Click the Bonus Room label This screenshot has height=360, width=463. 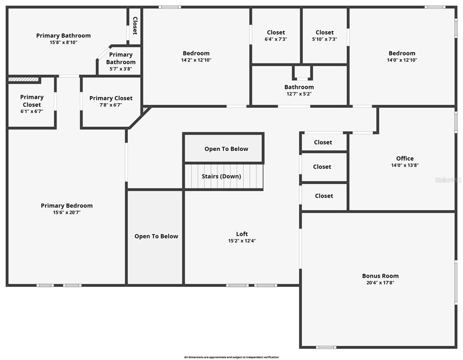tap(380, 276)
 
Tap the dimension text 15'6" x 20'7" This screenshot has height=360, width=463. tap(67, 212)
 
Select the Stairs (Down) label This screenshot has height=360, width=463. tap(221, 176)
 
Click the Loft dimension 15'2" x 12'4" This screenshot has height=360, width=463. tap(242, 241)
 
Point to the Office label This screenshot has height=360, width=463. tap(404, 158)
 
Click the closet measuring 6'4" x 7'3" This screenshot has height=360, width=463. tap(276, 36)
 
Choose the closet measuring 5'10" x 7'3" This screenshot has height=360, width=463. tap(324, 36)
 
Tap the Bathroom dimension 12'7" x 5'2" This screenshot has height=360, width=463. tap(299, 94)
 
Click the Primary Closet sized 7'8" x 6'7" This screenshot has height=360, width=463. tap(111, 101)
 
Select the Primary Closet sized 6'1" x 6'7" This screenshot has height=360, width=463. tap(31, 104)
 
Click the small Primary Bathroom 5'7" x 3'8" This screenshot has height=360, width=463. tap(120, 61)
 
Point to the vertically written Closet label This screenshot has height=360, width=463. tap(135, 26)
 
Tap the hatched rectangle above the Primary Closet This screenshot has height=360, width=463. tap(23, 80)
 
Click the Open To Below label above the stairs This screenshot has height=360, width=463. tap(226, 149)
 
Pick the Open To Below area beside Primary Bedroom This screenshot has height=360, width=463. tap(156, 236)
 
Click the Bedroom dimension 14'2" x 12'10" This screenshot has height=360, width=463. tap(196, 60)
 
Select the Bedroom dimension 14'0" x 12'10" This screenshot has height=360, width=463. tap(402, 60)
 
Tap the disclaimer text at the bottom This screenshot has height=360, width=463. tap(231, 357)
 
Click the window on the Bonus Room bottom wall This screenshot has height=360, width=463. tap(326, 347)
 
